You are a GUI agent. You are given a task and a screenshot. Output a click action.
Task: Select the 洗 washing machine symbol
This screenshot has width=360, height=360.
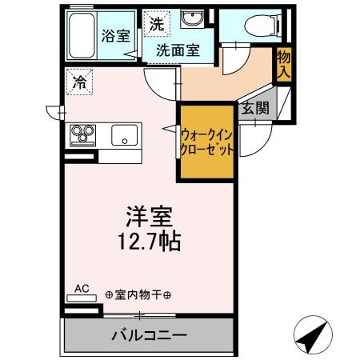click(156, 24)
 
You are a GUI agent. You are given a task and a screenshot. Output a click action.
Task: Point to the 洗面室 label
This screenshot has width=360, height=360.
click(178, 49)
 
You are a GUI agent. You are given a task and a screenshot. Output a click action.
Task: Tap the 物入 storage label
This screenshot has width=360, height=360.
click(283, 62)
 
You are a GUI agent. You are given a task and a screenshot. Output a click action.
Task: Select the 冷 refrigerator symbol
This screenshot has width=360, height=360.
click(80, 81)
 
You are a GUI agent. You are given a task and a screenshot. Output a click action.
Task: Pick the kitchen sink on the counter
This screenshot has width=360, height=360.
click(124, 134)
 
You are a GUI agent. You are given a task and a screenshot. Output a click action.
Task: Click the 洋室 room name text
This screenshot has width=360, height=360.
click(150, 216)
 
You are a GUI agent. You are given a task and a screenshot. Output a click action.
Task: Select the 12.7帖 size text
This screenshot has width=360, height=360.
click(150, 240)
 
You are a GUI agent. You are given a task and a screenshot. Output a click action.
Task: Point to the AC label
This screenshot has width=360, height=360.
click(82, 286)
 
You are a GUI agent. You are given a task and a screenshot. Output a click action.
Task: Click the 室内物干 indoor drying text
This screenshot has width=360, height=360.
click(138, 295)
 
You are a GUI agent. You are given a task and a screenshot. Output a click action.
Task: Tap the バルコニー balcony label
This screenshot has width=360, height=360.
click(149, 334)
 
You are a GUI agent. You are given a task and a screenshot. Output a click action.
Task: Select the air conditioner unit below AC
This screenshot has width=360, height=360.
click(82, 297)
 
